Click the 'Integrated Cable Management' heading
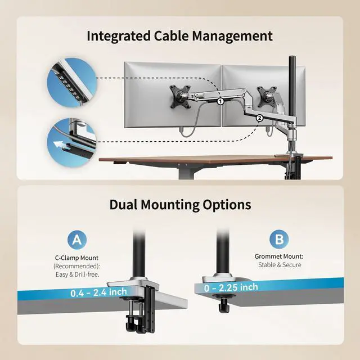(x=179, y=36)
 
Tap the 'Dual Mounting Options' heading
(x=180, y=204)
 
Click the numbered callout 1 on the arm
(x=220, y=102)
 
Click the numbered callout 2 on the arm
(x=259, y=118)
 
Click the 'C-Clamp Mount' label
(x=77, y=258)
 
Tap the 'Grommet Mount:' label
(x=279, y=256)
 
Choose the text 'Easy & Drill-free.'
(x=77, y=274)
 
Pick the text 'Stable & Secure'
(x=280, y=264)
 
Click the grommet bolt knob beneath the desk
(x=225, y=307)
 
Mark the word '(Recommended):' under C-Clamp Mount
(x=77, y=266)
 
